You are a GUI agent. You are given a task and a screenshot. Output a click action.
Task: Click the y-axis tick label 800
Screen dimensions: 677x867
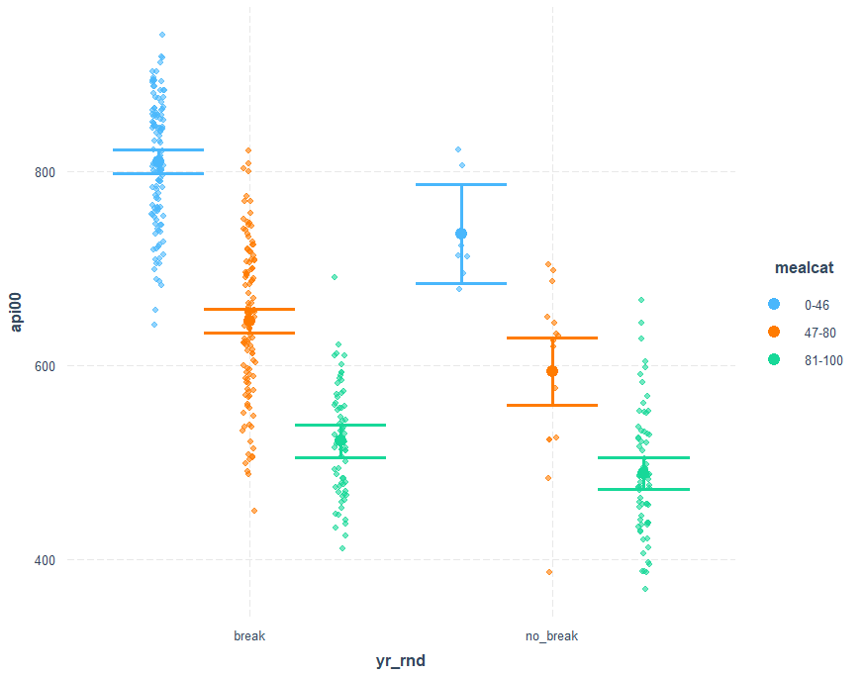(x=45, y=172)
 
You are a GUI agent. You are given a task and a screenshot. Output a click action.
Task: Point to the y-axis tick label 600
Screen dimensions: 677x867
(x=45, y=366)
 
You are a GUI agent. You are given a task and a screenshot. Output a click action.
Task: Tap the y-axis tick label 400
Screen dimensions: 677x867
(x=45, y=560)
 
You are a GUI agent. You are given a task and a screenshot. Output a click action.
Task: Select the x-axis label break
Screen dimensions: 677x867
(x=249, y=636)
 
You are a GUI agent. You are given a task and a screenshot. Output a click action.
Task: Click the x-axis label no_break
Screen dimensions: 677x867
(x=551, y=636)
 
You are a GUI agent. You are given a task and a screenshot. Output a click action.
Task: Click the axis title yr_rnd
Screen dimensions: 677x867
(x=400, y=661)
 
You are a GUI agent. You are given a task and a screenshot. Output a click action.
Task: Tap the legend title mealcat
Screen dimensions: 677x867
(x=803, y=267)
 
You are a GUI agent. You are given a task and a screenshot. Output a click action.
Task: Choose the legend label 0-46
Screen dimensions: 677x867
(x=818, y=303)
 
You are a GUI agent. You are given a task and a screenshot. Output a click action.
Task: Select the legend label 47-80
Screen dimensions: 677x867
(x=820, y=332)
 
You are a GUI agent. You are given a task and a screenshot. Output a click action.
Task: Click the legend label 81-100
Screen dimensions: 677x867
(x=823, y=360)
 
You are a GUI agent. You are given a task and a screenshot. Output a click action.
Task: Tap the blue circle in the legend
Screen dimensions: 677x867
(x=774, y=303)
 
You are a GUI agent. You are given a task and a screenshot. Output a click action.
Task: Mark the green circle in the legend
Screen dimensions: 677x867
(x=774, y=360)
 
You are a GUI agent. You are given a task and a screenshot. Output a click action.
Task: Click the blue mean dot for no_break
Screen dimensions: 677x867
(x=461, y=234)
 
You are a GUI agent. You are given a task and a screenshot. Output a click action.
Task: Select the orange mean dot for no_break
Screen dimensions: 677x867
(x=552, y=371)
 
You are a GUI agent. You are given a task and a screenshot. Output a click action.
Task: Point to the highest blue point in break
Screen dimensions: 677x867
(x=162, y=35)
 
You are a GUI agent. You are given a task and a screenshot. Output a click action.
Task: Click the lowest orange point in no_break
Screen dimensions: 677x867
(x=549, y=572)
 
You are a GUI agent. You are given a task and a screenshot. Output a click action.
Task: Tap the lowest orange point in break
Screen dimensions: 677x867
(x=254, y=511)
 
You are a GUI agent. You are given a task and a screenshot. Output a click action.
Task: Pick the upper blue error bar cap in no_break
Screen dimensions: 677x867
(x=461, y=185)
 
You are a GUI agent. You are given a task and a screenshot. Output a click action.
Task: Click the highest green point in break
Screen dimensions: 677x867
(x=335, y=277)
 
